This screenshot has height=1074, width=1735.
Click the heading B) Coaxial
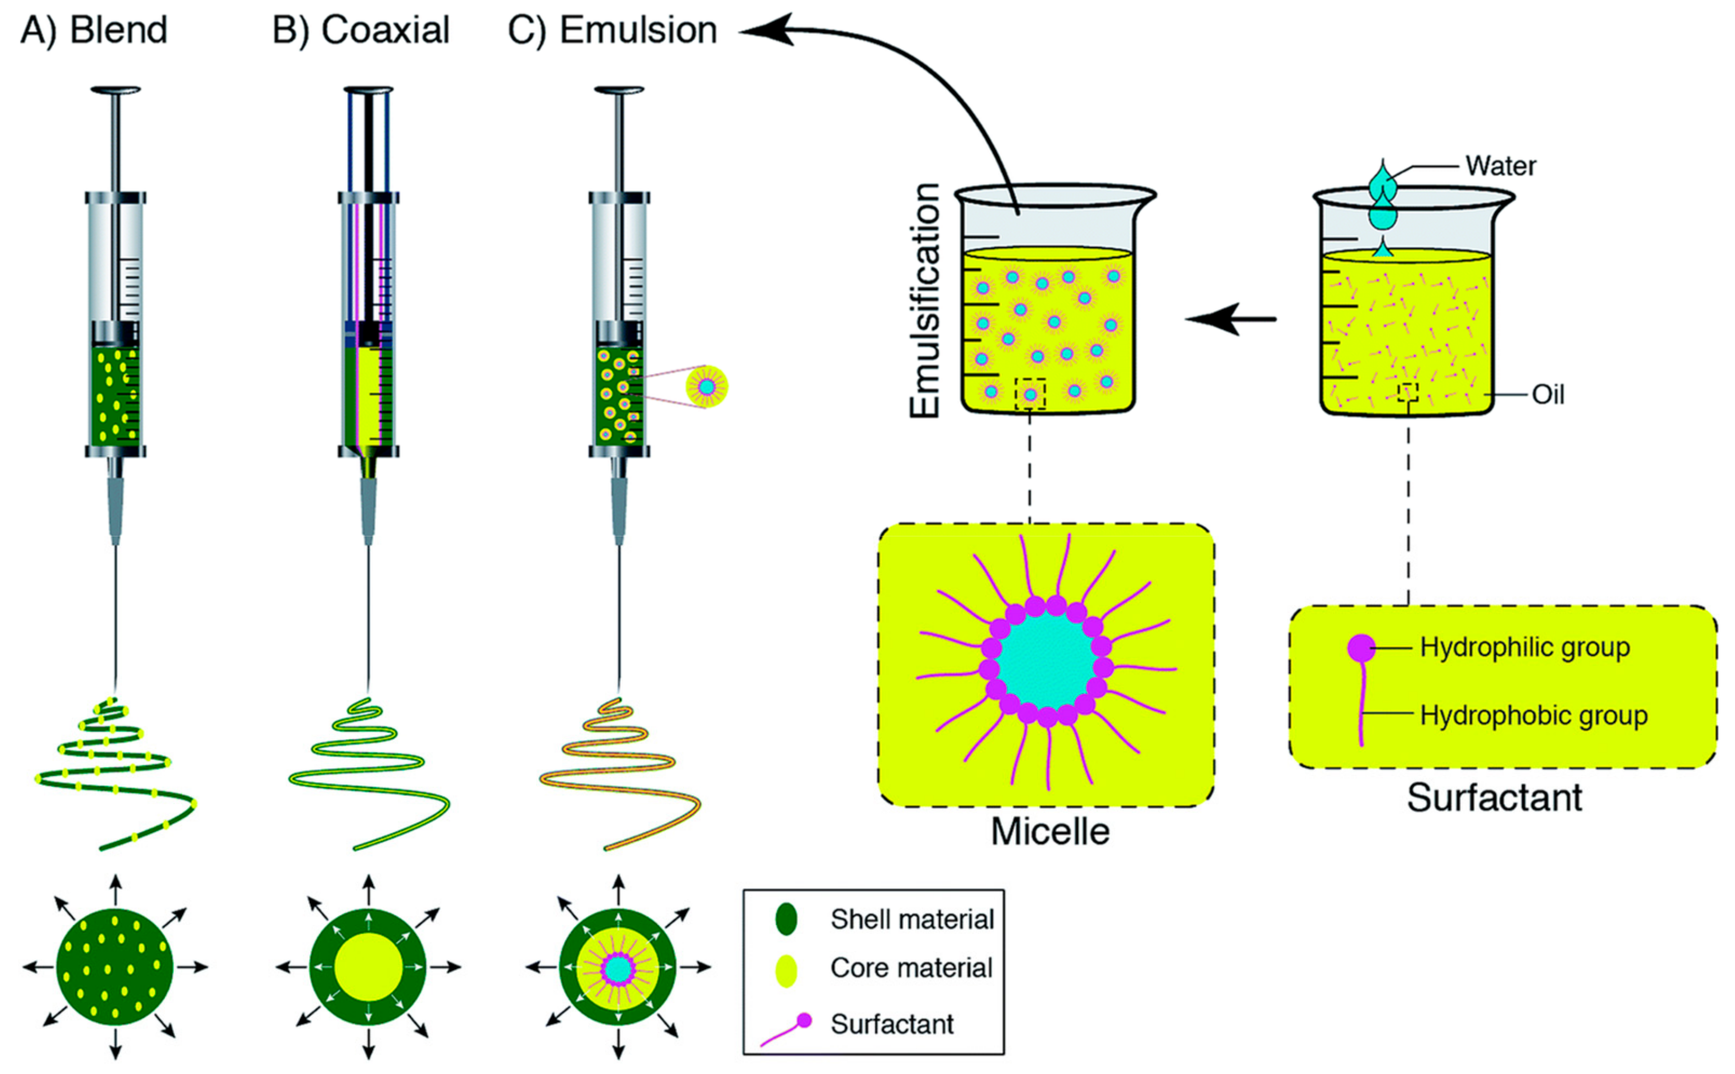(x=361, y=30)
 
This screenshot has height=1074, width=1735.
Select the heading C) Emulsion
(x=612, y=30)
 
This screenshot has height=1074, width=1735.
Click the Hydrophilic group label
(x=1524, y=647)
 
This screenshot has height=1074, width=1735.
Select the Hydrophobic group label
(x=1532, y=715)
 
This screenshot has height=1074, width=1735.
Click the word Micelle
(x=1050, y=832)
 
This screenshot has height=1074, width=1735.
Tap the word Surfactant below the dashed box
(x=1494, y=797)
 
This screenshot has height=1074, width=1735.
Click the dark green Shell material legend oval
(x=786, y=919)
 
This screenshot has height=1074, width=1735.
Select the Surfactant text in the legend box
(x=892, y=1024)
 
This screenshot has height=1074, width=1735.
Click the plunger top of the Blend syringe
(x=116, y=90)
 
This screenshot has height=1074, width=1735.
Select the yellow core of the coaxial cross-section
(x=368, y=967)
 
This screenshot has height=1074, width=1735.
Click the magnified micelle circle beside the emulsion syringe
(x=707, y=387)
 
